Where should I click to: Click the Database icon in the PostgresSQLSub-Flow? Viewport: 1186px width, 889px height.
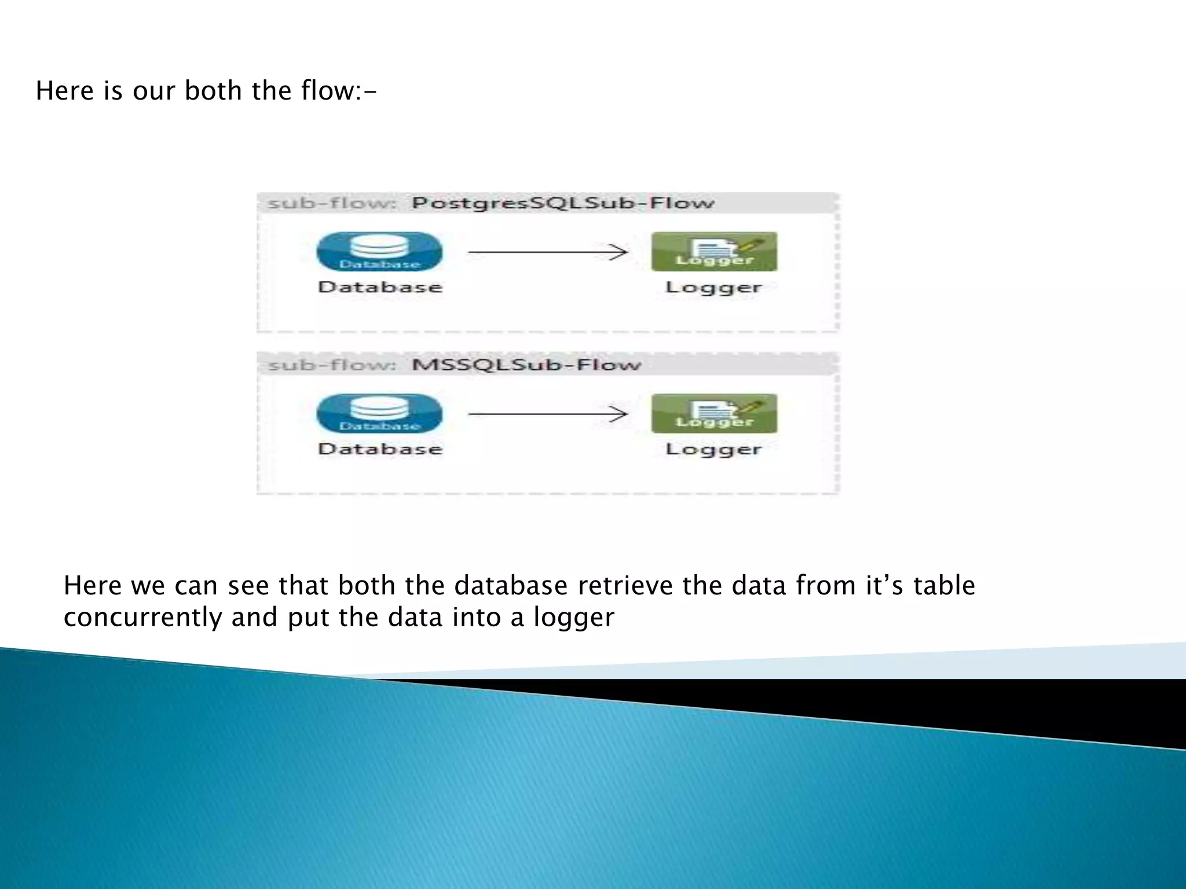click(379, 251)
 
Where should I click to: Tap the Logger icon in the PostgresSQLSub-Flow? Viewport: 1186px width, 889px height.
click(714, 251)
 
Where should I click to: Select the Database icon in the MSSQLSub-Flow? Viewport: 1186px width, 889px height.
click(379, 413)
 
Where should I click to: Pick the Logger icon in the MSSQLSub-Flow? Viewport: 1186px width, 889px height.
click(714, 413)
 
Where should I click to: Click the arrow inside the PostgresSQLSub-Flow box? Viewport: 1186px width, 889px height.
click(547, 252)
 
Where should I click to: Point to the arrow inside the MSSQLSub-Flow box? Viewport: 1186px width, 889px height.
click(547, 414)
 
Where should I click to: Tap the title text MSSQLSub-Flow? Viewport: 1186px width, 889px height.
click(526, 365)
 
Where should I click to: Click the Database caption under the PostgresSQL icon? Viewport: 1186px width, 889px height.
click(380, 287)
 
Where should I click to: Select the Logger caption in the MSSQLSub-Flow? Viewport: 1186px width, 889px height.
click(713, 449)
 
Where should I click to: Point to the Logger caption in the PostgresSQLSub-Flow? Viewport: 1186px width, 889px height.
click(713, 287)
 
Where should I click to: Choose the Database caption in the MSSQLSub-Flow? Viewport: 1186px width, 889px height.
click(380, 449)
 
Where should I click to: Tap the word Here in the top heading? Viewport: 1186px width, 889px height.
click(64, 91)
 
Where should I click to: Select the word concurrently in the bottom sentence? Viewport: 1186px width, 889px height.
click(142, 618)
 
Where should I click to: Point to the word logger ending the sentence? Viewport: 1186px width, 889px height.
click(573, 618)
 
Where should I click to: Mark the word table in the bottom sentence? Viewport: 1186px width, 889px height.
click(944, 586)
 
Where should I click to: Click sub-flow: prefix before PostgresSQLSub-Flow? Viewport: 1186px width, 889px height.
click(332, 203)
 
